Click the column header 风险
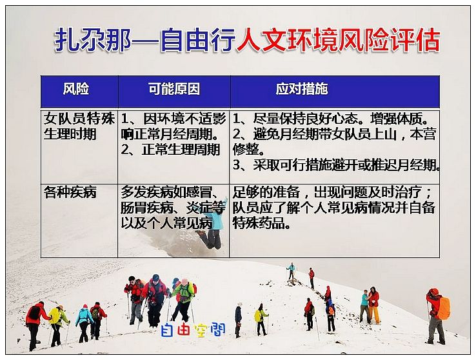[x=76, y=89]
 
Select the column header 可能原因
[x=174, y=89]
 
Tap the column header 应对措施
[x=302, y=89]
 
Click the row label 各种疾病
[x=70, y=192]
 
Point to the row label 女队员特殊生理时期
[x=79, y=126]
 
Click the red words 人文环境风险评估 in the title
[x=338, y=40]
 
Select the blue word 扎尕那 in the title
[x=93, y=40]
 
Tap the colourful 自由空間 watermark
[x=193, y=330]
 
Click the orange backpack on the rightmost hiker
[x=444, y=308]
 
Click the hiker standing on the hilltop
[x=291, y=271]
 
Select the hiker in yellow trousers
[x=374, y=305]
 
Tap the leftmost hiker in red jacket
[x=35, y=325]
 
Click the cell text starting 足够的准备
[x=334, y=208]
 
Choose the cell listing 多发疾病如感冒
[x=173, y=208]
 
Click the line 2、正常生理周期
[x=170, y=150]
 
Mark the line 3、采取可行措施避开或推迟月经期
[x=336, y=165]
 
